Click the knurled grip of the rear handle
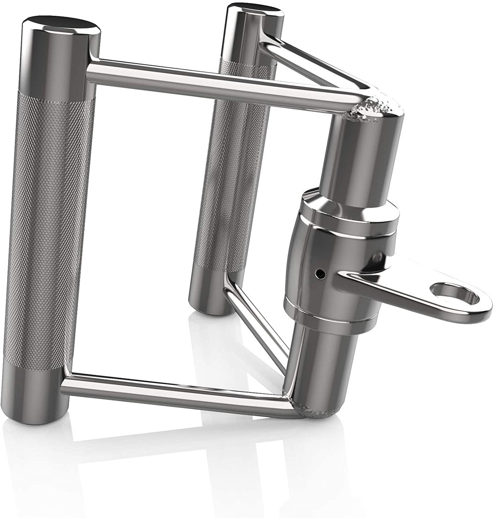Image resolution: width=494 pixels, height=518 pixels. [220, 163]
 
